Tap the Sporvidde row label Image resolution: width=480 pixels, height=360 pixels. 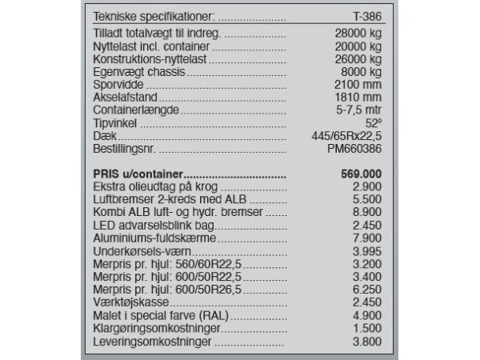coord(120,82)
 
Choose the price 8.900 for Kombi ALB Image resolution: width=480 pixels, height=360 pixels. coord(366,213)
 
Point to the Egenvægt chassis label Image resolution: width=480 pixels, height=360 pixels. coord(137,70)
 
